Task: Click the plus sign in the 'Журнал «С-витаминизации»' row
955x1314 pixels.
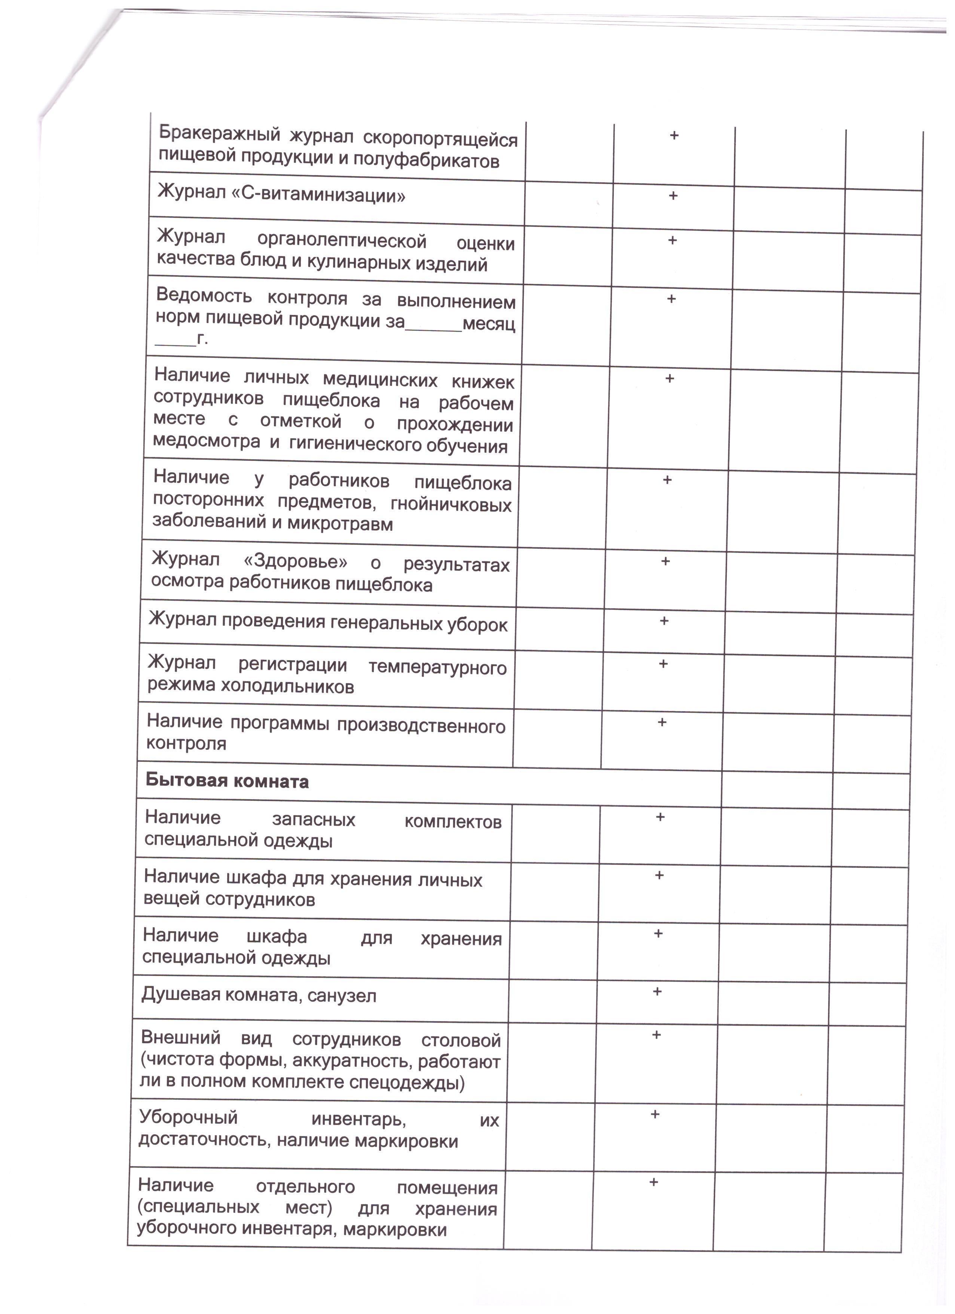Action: (673, 196)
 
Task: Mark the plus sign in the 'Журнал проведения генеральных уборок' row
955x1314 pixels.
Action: (664, 621)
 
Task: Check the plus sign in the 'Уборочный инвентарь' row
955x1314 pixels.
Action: (655, 1114)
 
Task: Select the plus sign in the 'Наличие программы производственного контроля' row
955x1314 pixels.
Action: (662, 722)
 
